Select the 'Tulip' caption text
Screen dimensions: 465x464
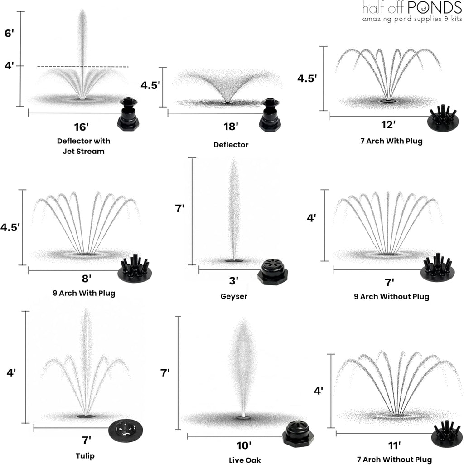tap(86, 455)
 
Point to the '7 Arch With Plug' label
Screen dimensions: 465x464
tap(390, 141)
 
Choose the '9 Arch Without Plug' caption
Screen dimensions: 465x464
tap(391, 297)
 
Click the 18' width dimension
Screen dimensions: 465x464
tap(231, 127)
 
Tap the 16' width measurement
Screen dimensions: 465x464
tap(83, 127)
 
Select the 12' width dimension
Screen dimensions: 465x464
tap(388, 124)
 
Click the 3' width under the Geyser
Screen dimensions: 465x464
tap(234, 281)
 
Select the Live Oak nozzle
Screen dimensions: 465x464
tap(298, 434)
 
